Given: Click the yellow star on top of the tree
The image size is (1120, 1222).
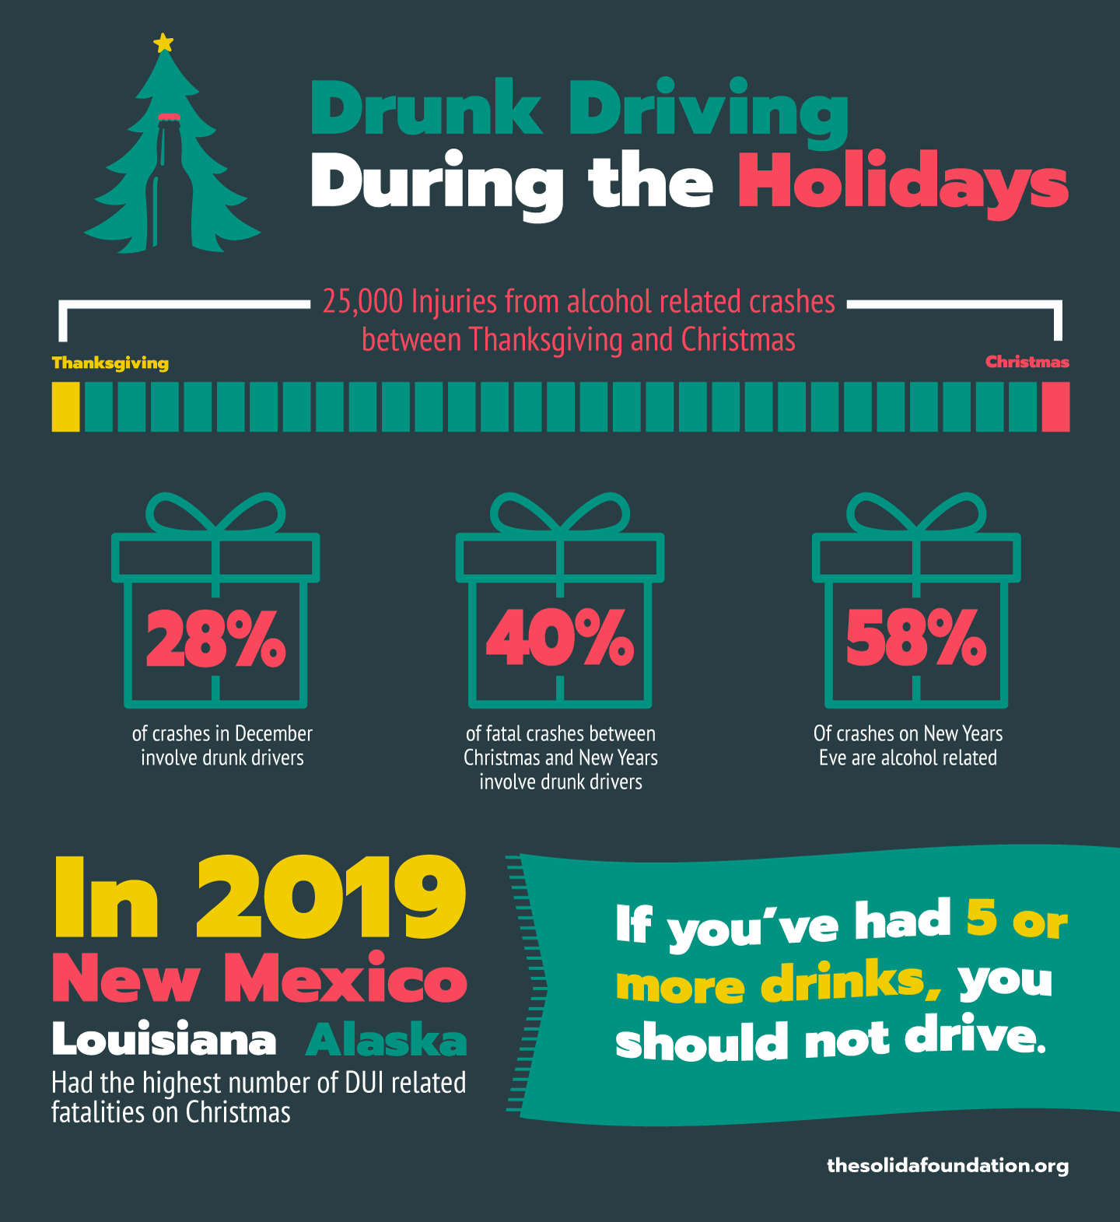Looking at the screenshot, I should pyautogui.click(x=163, y=43).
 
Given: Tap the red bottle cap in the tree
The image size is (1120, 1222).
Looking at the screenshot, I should pyautogui.click(x=169, y=118).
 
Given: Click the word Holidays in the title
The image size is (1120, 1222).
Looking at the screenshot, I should pyautogui.click(x=903, y=184).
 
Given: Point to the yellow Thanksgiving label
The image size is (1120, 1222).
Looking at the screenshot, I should pyautogui.click(x=110, y=363).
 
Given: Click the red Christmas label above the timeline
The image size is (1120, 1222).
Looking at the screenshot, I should pyautogui.click(x=1027, y=362).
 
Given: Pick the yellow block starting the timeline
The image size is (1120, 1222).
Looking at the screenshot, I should pyautogui.click(x=66, y=407).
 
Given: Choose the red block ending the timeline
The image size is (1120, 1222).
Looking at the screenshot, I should pyautogui.click(x=1055, y=407).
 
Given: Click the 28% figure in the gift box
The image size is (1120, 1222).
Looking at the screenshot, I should pyautogui.click(x=215, y=639).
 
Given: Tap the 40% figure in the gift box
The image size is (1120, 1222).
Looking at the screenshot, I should pyautogui.click(x=559, y=639).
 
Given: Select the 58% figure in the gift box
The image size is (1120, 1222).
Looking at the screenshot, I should pyautogui.click(x=915, y=639).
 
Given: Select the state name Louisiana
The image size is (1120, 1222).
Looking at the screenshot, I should pyautogui.click(x=164, y=1039).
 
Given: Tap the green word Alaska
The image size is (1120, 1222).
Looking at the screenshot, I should pyautogui.click(x=387, y=1040).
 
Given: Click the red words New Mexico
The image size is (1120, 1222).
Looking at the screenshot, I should pyautogui.click(x=260, y=979).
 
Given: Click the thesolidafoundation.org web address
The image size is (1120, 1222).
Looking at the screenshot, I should pyautogui.click(x=947, y=1165).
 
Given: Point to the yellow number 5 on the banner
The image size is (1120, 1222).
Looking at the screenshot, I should pyautogui.click(x=982, y=918).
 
